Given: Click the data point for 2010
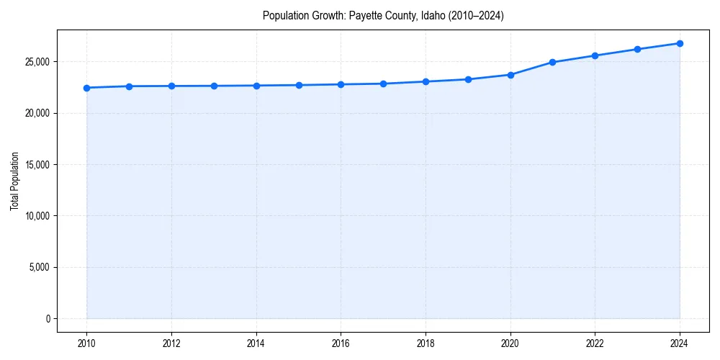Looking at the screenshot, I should point(86,88).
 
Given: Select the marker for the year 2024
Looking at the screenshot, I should point(680,43).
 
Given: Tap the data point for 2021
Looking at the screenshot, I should point(552,62).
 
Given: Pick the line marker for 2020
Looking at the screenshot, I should point(510,75).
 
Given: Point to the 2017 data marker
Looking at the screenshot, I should point(383,84).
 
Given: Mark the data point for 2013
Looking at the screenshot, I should point(214,86).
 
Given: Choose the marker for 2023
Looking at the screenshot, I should point(637,49).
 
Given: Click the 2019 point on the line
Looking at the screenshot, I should point(468,79).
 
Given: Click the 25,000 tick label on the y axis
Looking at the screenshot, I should point(36,62).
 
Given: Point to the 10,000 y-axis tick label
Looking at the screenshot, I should point(36,216).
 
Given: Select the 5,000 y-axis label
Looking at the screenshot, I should point(38,267).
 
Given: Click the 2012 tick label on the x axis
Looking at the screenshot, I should point(171,343).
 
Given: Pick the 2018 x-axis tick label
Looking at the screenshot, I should point(426,343).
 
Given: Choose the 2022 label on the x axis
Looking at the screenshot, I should point(595,343).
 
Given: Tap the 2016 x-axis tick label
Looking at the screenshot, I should point(341,343).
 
